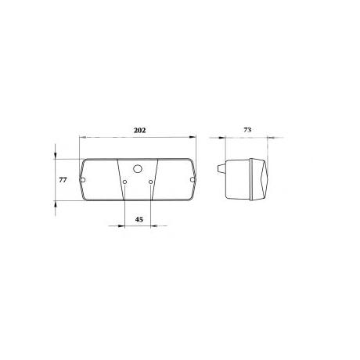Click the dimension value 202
[139, 130]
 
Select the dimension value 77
[63, 180]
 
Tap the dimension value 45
[139, 219]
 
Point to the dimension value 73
[247, 130]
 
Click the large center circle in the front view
[138, 168]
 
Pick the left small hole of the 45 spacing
[125, 182]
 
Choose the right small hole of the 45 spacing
[150, 182]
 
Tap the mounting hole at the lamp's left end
[83, 180]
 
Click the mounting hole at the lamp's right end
[193, 179]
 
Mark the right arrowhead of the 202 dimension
[193, 137]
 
